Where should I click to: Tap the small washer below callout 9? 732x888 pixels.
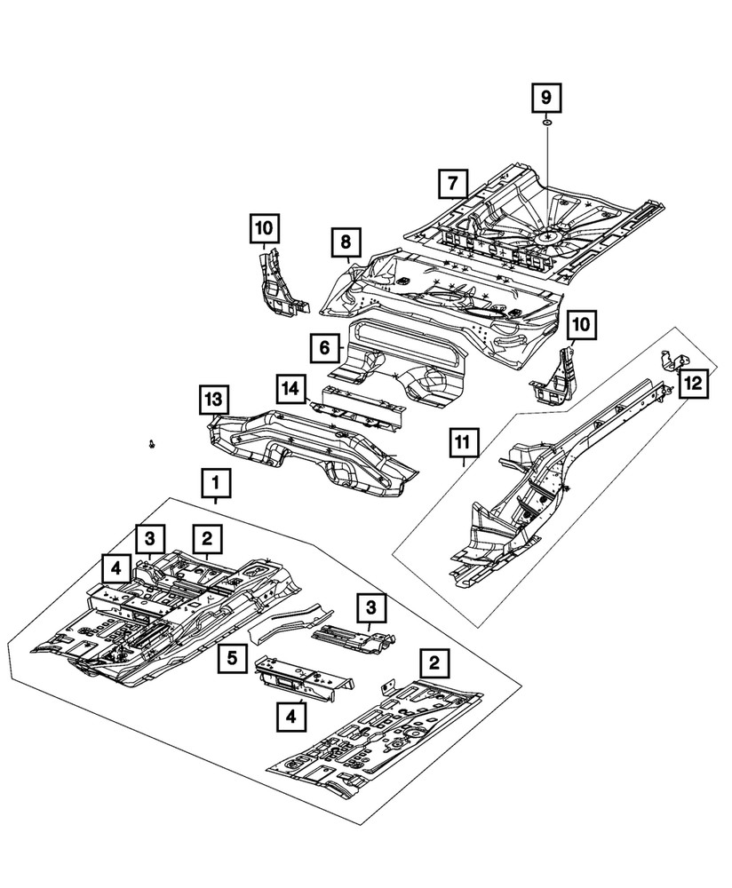(546, 123)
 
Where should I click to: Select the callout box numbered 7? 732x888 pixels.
(452, 185)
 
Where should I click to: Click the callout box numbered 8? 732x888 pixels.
(345, 241)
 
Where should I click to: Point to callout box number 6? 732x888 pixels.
(325, 348)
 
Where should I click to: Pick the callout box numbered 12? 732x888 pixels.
(694, 383)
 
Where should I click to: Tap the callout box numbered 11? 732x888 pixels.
(464, 440)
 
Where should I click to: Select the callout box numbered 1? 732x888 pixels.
(215, 484)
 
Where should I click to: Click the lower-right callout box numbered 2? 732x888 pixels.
(433, 662)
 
